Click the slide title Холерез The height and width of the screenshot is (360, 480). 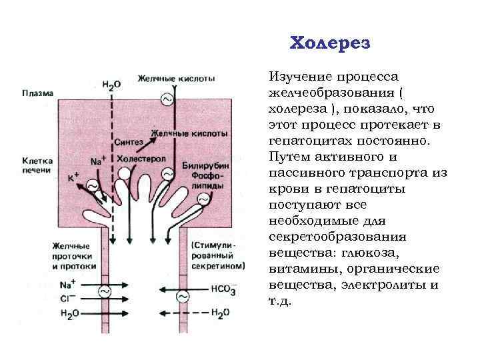[330, 43]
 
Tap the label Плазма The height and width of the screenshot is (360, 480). [35, 93]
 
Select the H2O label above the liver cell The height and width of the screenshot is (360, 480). [111, 84]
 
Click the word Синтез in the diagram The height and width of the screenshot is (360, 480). [128, 142]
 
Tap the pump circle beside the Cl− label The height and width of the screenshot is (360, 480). [105, 291]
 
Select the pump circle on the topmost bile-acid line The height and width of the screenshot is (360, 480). [166, 100]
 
